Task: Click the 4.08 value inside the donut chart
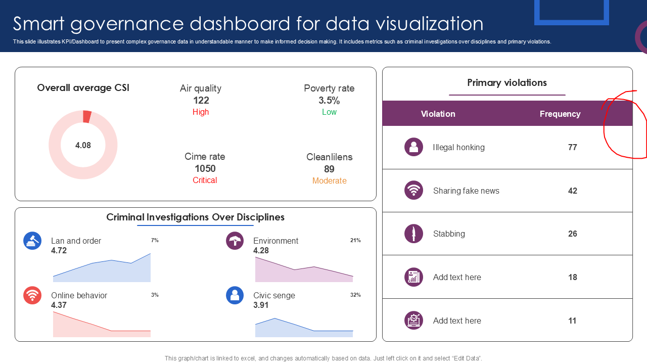pyautogui.click(x=83, y=146)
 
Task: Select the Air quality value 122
pyautogui.click(x=201, y=100)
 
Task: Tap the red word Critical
pyautogui.click(x=205, y=180)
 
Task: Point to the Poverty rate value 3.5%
pyautogui.click(x=329, y=100)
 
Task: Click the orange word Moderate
pyautogui.click(x=330, y=181)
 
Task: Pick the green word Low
pyautogui.click(x=329, y=112)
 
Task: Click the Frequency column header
pyautogui.click(x=560, y=114)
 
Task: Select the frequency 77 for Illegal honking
pyautogui.click(x=572, y=147)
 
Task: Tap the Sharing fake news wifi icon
pyautogui.click(x=414, y=190)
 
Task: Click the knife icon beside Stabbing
pyautogui.click(x=414, y=234)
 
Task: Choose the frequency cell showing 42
pyautogui.click(x=572, y=191)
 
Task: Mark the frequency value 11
pyautogui.click(x=572, y=321)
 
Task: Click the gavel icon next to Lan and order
pyautogui.click(x=32, y=241)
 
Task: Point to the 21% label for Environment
pyautogui.click(x=355, y=240)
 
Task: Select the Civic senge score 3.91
pyautogui.click(x=261, y=305)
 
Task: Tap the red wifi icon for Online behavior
pyautogui.click(x=32, y=295)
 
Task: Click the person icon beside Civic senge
pyautogui.click(x=235, y=295)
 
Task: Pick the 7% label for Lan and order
pyautogui.click(x=155, y=240)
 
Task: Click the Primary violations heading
pyautogui.click(x=507, y=83)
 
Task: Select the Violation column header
pyautogui.click(x=438, y=114)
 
